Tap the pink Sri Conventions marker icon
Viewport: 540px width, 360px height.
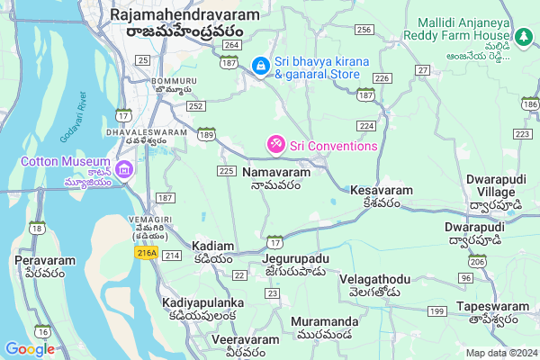(274, 144)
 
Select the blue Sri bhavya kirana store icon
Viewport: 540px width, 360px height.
(260, 66)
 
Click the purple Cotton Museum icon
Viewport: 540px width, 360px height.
(125, 169)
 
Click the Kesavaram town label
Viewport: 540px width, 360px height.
(382, 191)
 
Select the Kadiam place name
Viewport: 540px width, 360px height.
(213, 246)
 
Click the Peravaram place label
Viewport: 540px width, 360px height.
(44, 260)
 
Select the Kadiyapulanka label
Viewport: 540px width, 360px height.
(199, 302)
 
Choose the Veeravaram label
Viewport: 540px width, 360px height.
(241, 339)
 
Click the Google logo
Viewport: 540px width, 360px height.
(30, 349)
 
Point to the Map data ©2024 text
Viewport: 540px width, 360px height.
(500, 353)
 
